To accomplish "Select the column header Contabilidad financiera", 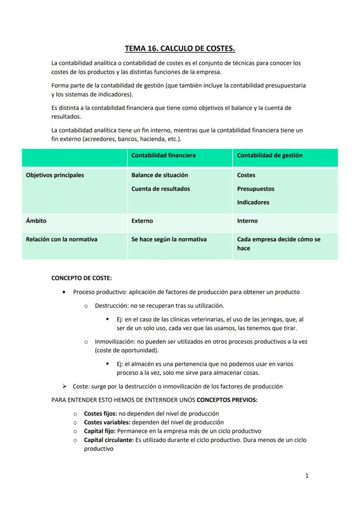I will (163, 155).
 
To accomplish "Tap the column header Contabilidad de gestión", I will (270, 155).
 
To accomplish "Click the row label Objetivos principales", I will (55, 175).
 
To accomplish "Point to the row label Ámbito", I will (36, 221).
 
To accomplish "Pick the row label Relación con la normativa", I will (61, 239).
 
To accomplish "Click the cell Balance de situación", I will (160, 175).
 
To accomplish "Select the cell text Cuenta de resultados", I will (160, 189).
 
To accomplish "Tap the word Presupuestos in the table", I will (256, 189).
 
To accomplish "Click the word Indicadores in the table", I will (253, 202).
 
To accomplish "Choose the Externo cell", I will (142, 221).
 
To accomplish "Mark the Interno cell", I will (247, 221).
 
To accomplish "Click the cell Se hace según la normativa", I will (169, 239).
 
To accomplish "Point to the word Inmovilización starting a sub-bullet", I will (114, 342).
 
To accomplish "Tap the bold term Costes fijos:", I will (100, 413).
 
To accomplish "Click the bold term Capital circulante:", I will (109, 440).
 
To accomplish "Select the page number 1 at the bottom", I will (307, 476).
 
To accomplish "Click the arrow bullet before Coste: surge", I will (64, 386).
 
